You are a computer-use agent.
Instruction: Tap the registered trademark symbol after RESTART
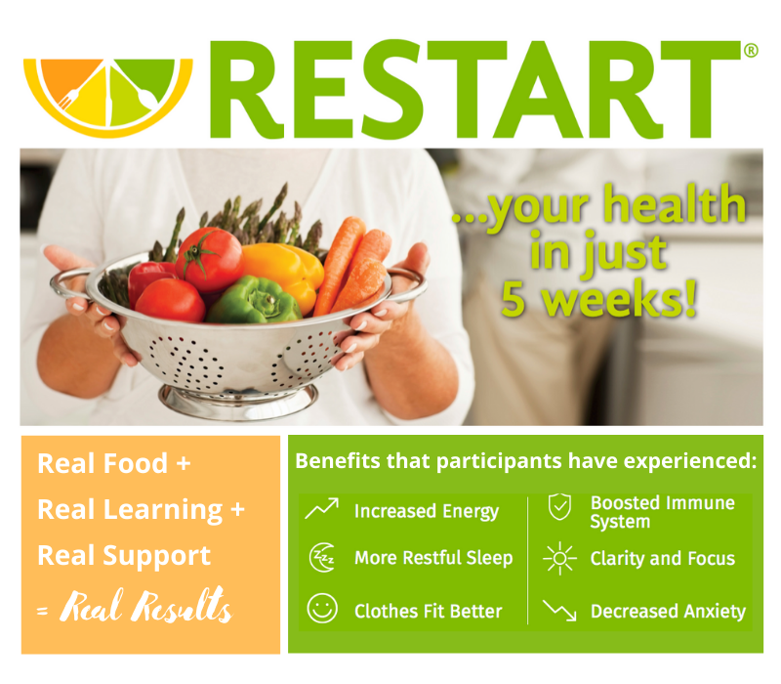coord(751,51)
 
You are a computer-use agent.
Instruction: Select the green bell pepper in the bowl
coord(253,301)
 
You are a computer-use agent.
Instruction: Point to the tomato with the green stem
coord(209,259)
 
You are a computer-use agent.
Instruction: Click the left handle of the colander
coord(69,285)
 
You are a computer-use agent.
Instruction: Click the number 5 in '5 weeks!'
coord(514,299)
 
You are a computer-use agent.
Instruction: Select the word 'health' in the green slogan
coord(675,205)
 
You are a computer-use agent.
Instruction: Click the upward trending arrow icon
coord(322,508)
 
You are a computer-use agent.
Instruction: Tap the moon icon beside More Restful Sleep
coord(322,557)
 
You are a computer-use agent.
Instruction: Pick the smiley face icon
coord(322,608)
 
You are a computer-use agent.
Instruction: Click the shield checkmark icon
coord(559,506)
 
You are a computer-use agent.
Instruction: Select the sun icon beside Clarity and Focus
coord(559,558)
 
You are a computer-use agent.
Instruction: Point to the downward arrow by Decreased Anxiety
coord(559,610)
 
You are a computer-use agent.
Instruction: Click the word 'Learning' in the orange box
coord(162,510)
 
